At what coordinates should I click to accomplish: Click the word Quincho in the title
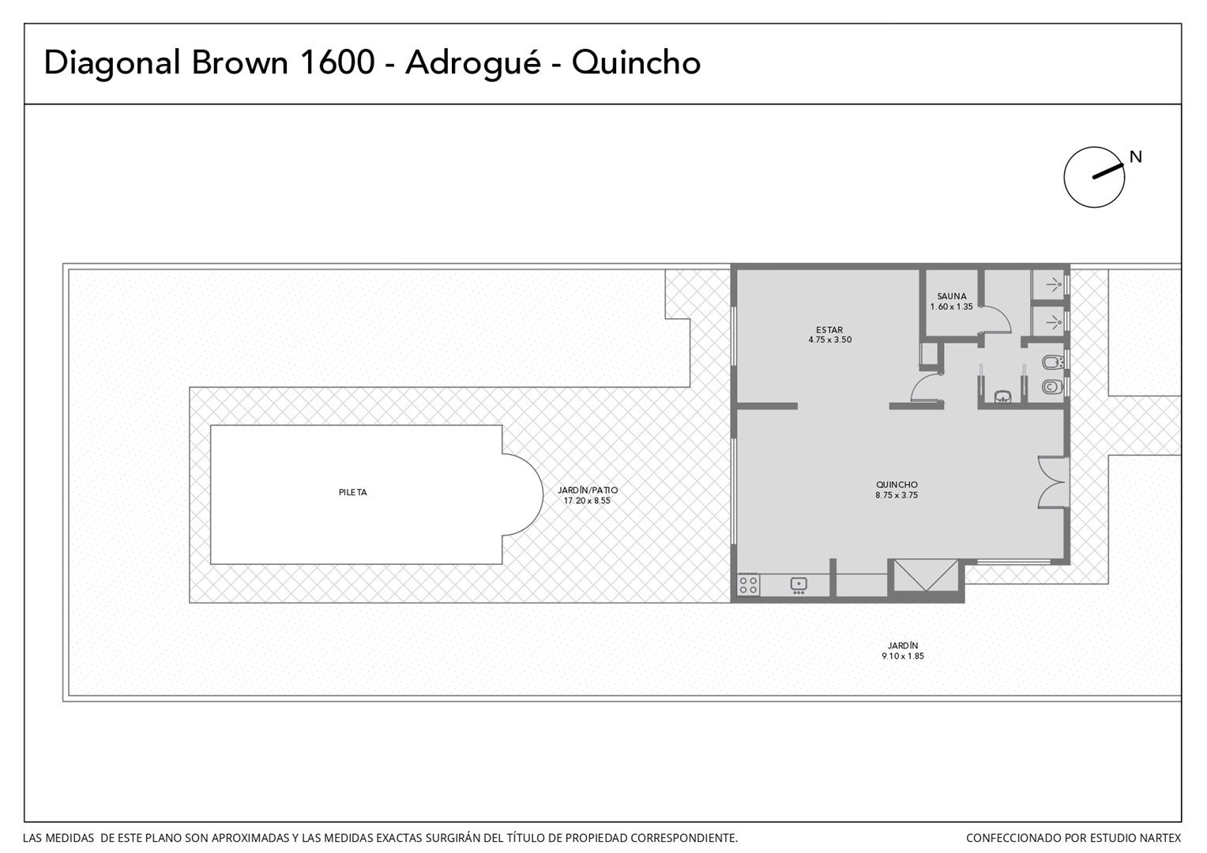click(636, 63)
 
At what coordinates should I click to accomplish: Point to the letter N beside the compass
click(1136, 157)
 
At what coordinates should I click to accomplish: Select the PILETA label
click(353, 493)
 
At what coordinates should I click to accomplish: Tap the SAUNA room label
click(952, 296)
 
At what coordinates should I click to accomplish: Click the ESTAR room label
click(829, 330)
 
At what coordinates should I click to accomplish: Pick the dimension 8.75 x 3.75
click(897, 495)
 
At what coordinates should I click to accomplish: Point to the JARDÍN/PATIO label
click(588, 490)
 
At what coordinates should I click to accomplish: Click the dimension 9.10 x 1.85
click(903, 656)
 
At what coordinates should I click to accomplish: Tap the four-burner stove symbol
click(748, 584)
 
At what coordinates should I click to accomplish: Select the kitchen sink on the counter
click(799, 584)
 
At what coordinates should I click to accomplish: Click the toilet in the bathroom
click(1052, 387)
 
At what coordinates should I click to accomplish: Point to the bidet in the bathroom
click(1052, 362)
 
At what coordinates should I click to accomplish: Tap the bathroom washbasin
click(1002, 397)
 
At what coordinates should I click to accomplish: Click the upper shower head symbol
click(1055, 285)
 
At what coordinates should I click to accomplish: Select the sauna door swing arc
click(1000, 315)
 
